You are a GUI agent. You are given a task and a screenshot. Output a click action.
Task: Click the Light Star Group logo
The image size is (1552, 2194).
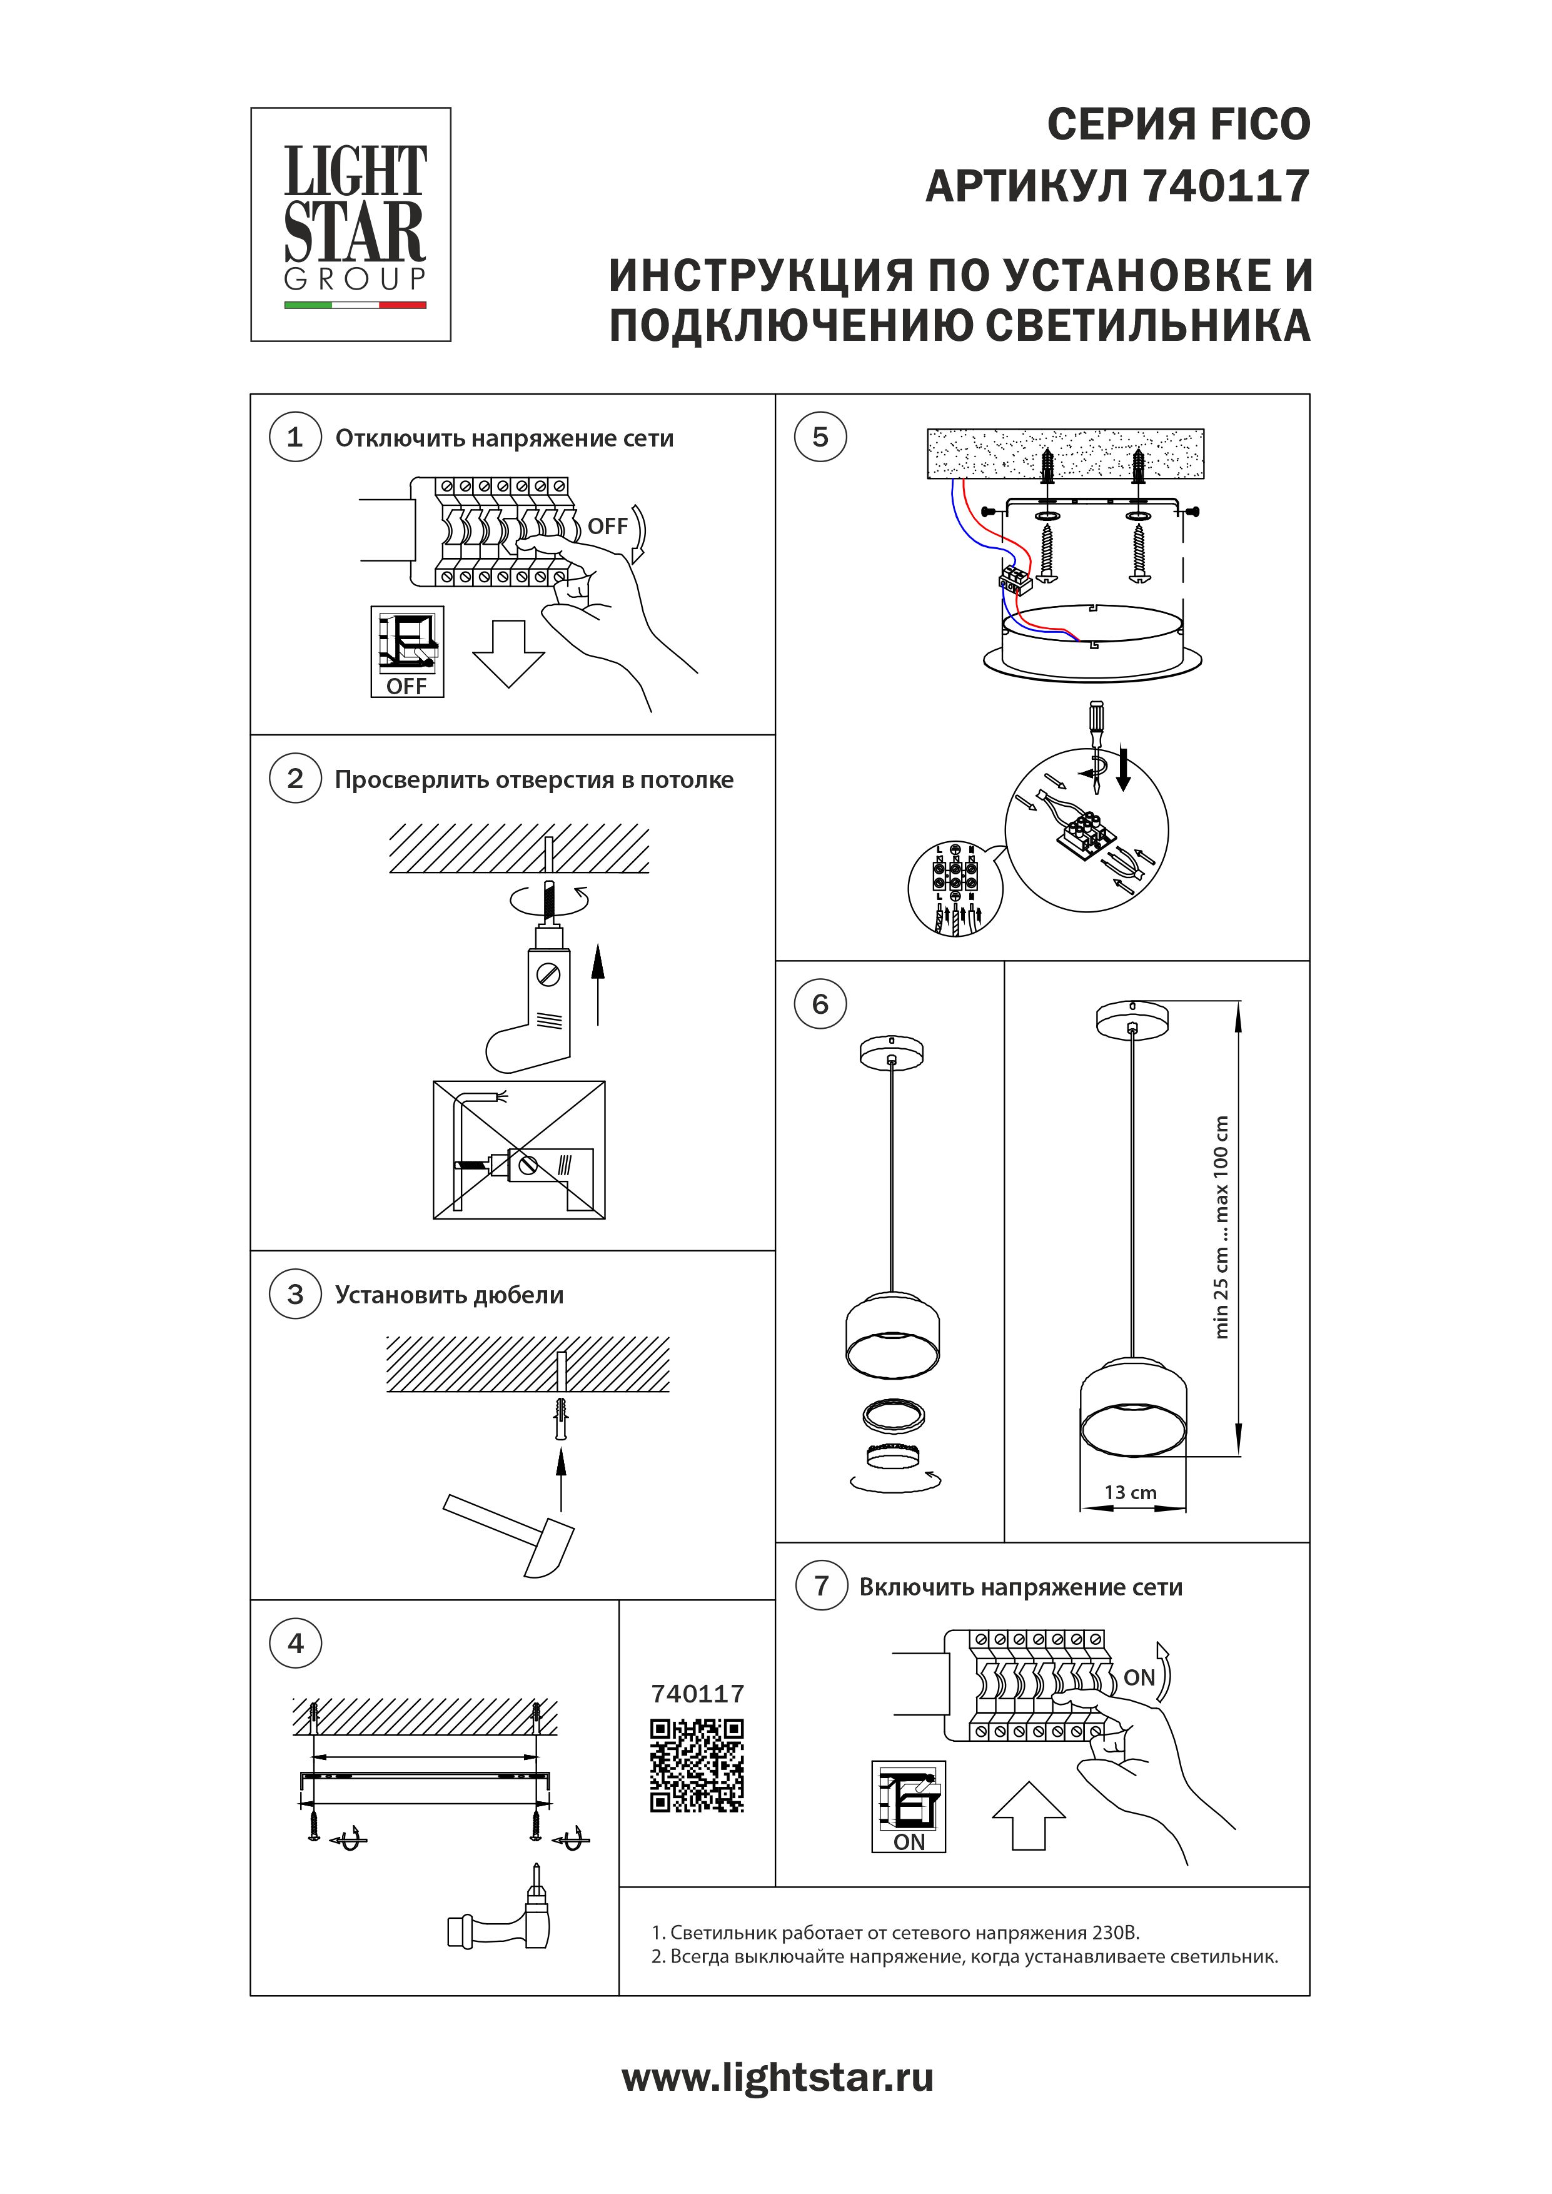point(351,225)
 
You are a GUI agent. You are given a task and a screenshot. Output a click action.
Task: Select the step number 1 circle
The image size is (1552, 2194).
point(295,438)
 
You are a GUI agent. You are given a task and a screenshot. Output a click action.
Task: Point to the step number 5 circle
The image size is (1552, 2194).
point(820,438)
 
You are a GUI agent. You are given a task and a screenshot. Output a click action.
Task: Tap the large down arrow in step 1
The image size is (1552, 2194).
point(508,653)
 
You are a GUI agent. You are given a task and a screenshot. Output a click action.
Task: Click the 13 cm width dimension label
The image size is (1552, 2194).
point(1131,1493)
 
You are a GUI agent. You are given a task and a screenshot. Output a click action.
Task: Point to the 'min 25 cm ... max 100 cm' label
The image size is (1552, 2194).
point(1221,1227)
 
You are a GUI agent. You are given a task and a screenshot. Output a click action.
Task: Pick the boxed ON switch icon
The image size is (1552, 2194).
point(909,1806)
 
